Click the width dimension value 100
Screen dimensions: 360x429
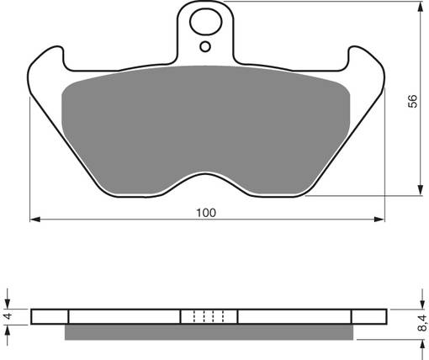(208, 212)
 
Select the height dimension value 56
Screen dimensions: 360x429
(412, 101)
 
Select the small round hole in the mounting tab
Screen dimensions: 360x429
(204, 47)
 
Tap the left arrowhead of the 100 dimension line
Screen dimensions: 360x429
(35, 220)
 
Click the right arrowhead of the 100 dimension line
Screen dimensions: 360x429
(381, 220)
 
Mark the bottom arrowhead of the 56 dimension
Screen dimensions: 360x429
(420, 191)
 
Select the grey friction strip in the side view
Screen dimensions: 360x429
(207, 333)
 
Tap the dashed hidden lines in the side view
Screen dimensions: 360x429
(209, 317)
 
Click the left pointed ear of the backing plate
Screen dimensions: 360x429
(42, 63)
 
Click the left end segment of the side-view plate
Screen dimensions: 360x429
(49, 317)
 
